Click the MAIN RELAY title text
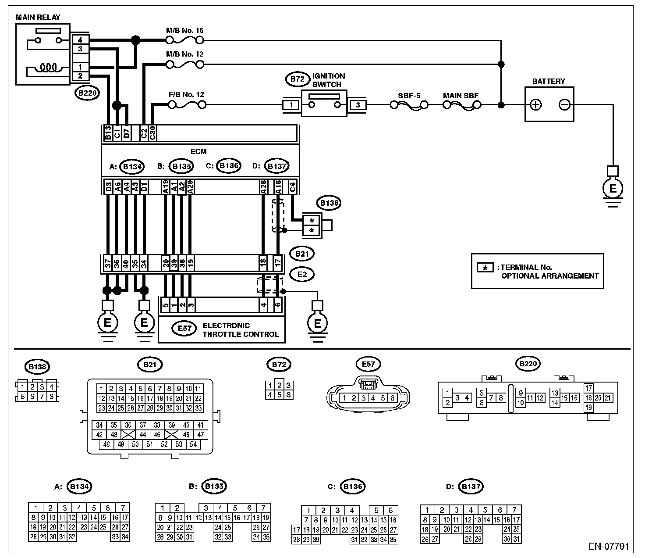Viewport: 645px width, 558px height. (x=38, y=17)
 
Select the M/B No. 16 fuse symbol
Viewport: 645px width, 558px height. (x=185, y=40)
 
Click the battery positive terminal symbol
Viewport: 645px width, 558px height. (x=536, y=105)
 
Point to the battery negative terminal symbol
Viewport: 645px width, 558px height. (x=564, y=105)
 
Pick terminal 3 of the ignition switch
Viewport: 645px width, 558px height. (x=358, y=105)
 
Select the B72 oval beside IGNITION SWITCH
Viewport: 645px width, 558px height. (x=298, y=79)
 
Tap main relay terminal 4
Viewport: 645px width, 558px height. (x=80, y=40)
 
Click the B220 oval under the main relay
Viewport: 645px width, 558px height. (x=87, y=93)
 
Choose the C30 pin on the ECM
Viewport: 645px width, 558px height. (x=152, y=133)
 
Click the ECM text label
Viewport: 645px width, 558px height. (x=199, y=151)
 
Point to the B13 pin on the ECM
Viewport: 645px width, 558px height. (x=108, y=133)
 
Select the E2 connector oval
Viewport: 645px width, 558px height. (x=302, y=274)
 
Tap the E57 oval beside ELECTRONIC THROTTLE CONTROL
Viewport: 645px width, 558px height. (x=184, y=329)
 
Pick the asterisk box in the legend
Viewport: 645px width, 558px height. (x=485, y=268)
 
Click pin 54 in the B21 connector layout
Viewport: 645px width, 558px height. (x=194, y=444)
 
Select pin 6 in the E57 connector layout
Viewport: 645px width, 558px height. (x=392, y=398)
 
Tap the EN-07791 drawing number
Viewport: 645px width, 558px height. (x=609, y=546)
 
